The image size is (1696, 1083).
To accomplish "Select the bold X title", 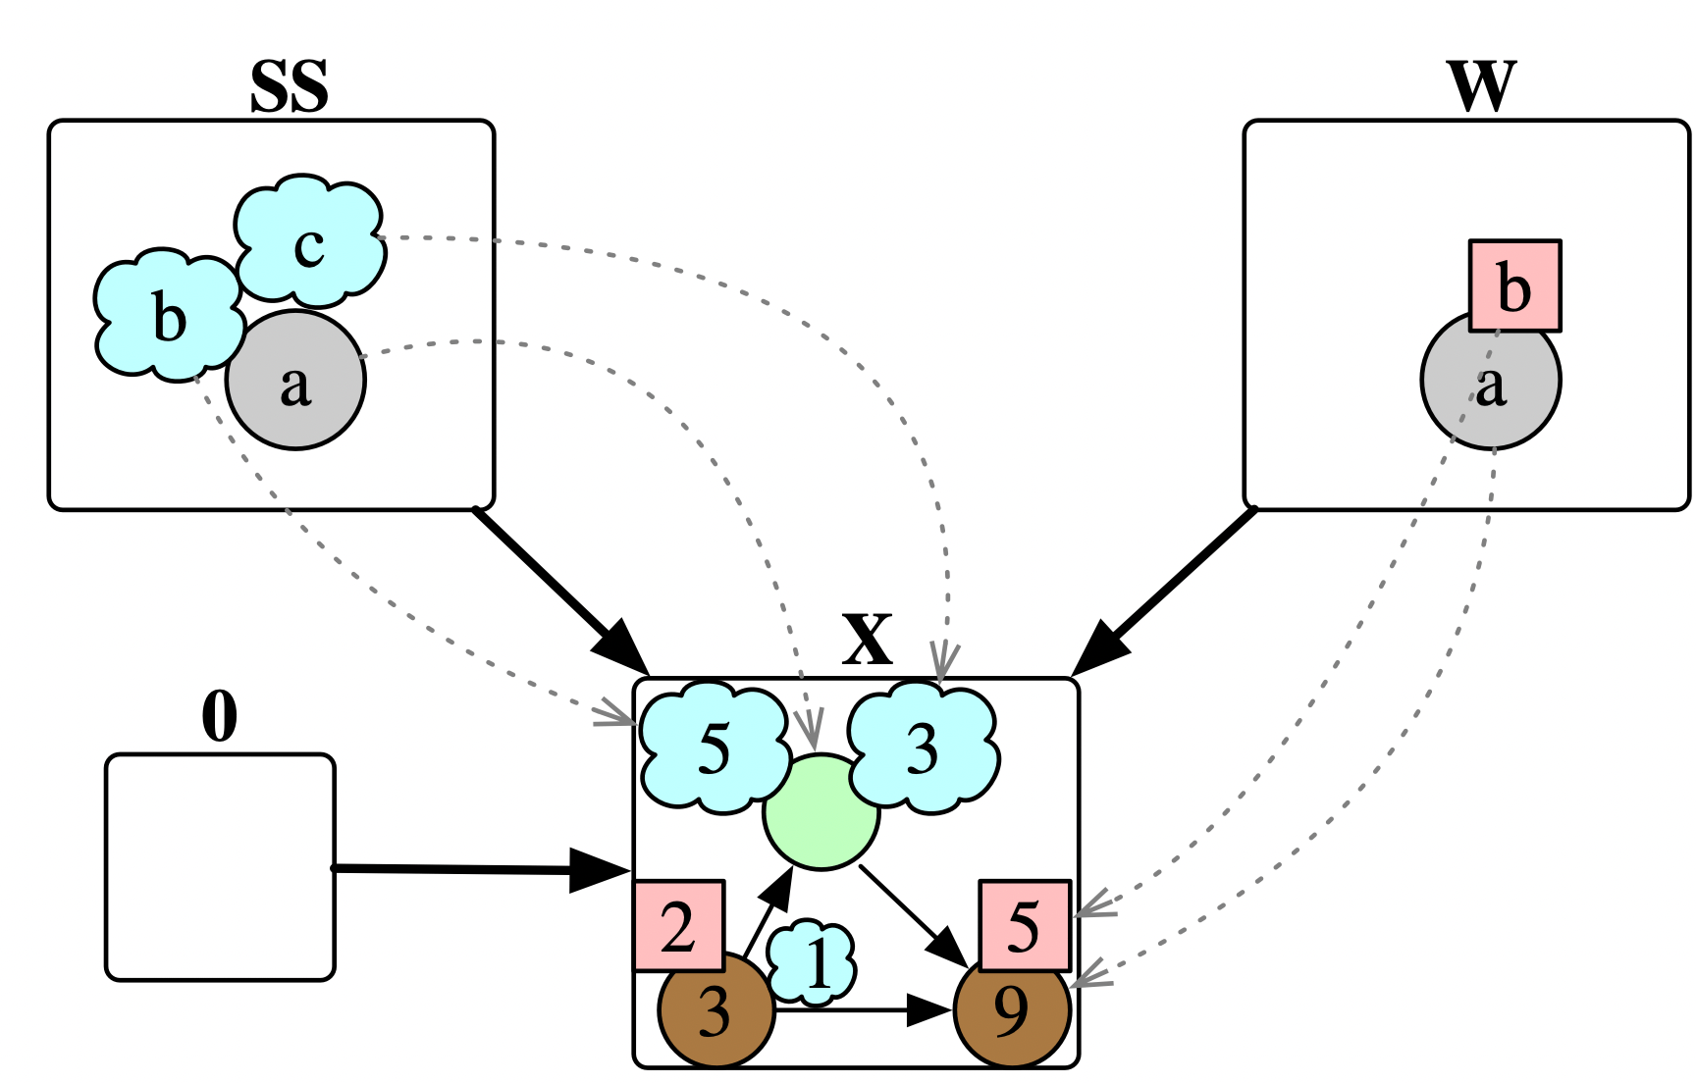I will (x=868, y=641).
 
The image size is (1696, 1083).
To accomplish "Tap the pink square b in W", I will (x=1514, y=286).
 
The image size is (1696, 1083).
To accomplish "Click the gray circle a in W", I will (x=1490, y=392).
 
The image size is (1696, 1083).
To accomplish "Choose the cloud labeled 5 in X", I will (x=715, y=748).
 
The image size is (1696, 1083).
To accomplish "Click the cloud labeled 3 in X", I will (x=923, y=749).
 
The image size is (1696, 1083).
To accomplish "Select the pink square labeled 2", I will (x=679, y=925).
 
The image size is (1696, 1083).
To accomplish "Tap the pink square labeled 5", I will (x=1024, y=925).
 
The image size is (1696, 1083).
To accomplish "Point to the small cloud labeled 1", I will (x=812, y=963).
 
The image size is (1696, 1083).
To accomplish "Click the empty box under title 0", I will (x=220, y=867).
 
